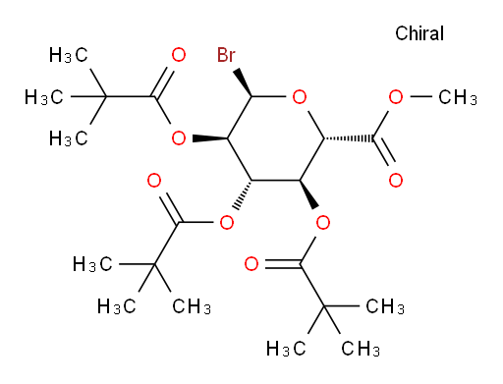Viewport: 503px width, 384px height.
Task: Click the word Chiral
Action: coord(419,33)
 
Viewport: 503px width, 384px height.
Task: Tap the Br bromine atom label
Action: coord(226,55)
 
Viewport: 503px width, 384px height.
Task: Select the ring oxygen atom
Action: coord(300,96)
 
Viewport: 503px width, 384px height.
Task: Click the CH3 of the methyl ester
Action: coord(458,97)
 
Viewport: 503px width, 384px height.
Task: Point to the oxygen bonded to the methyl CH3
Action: coord(396,96)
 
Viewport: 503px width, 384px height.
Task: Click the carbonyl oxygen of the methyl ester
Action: coord(396,180)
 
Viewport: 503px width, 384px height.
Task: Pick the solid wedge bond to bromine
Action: coord(243,82)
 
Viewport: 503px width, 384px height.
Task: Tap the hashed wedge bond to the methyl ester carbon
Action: coord(349,138)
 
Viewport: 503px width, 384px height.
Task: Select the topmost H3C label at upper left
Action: coord(69,55)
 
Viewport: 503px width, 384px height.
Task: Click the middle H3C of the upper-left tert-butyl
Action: coord(44,97)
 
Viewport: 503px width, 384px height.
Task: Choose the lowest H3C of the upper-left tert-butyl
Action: coord(69,138)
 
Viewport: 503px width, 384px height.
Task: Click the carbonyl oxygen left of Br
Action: coord(179,55)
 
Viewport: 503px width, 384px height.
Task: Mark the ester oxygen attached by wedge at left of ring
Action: coord(179,138)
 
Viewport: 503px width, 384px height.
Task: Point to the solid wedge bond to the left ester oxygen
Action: coord(210,138)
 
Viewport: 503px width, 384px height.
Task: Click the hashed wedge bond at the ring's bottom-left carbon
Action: coord(243,194)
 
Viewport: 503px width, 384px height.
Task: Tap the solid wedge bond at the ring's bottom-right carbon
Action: coord(308,194)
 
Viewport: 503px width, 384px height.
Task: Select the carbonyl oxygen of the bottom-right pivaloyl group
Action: coord(251,264)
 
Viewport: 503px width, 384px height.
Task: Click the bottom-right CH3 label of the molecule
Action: coord(361,349)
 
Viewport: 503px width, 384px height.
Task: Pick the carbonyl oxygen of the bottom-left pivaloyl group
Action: coord(154,181)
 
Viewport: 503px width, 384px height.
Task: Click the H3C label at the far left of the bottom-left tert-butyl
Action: coord(92,264)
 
